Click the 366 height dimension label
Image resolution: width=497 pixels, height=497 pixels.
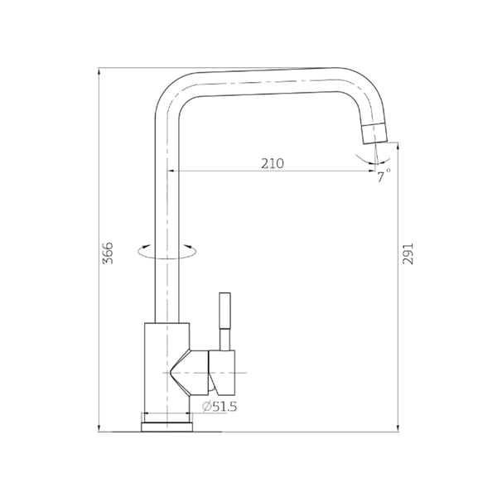[x=108, y=253]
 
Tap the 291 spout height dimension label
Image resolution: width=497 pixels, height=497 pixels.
[x=408, y=253]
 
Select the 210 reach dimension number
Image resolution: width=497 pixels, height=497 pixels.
[x=273, y=163]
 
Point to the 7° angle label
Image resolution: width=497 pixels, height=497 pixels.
[x=383, y=176]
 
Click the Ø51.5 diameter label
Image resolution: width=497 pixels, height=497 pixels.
[x=220, y=407]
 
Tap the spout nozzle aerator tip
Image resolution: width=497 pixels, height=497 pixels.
[x=375, y=133]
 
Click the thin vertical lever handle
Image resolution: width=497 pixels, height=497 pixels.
[x=225, y=321]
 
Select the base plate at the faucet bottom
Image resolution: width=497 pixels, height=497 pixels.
[x=167, y=427]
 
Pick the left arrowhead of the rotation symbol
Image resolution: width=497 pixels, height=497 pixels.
[x=146, y=246]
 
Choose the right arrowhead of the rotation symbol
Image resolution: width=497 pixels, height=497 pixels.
[x=188, y=246]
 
